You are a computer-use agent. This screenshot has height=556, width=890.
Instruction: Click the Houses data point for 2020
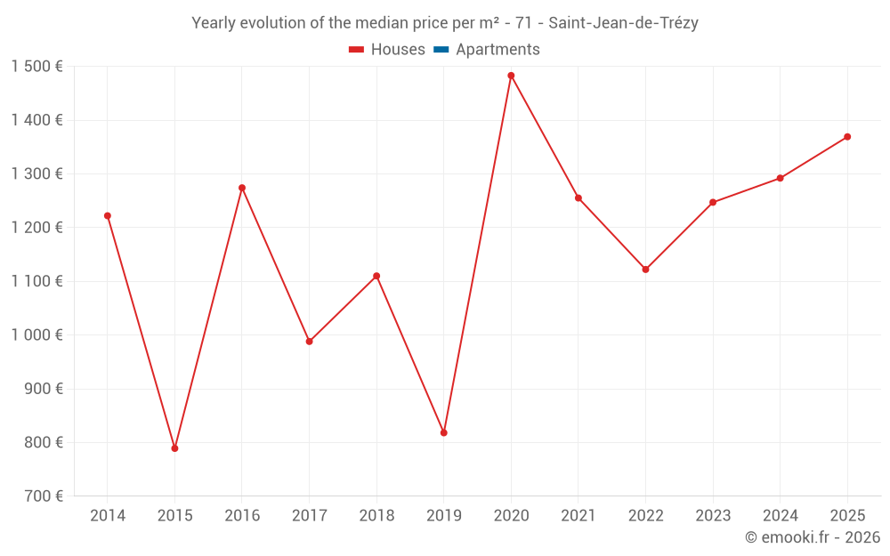click(511, 76)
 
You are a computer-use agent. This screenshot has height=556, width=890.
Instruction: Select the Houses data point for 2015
click(174, 448)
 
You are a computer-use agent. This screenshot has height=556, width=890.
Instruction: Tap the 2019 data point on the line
click(444, 432)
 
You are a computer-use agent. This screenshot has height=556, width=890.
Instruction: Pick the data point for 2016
click(242, 188)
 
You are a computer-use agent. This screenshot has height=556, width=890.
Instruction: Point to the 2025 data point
click(847, 137)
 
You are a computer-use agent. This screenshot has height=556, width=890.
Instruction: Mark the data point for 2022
click(645, 270)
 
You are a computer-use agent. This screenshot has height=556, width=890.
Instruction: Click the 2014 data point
click(108, 215)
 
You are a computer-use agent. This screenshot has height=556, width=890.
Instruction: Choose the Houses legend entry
click(387, 50)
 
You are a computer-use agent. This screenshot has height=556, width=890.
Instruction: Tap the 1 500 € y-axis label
click(36, 67)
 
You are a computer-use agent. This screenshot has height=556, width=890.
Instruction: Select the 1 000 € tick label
click(36, 335)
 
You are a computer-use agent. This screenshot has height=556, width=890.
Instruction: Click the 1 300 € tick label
click(36, 174)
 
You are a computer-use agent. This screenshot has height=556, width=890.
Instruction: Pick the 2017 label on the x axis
click(309, 516)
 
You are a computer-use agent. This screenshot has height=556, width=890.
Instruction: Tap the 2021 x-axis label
click(578, 516)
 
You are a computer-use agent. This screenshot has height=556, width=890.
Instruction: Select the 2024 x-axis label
click(780, 516)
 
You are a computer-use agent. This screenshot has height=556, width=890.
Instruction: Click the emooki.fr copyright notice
click(813, 537)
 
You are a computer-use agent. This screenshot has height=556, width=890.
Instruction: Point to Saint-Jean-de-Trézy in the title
click(623, 23)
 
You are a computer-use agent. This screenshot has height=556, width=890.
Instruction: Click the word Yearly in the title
click(214, 23)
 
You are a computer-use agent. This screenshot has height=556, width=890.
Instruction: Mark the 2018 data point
click(376, 276)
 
